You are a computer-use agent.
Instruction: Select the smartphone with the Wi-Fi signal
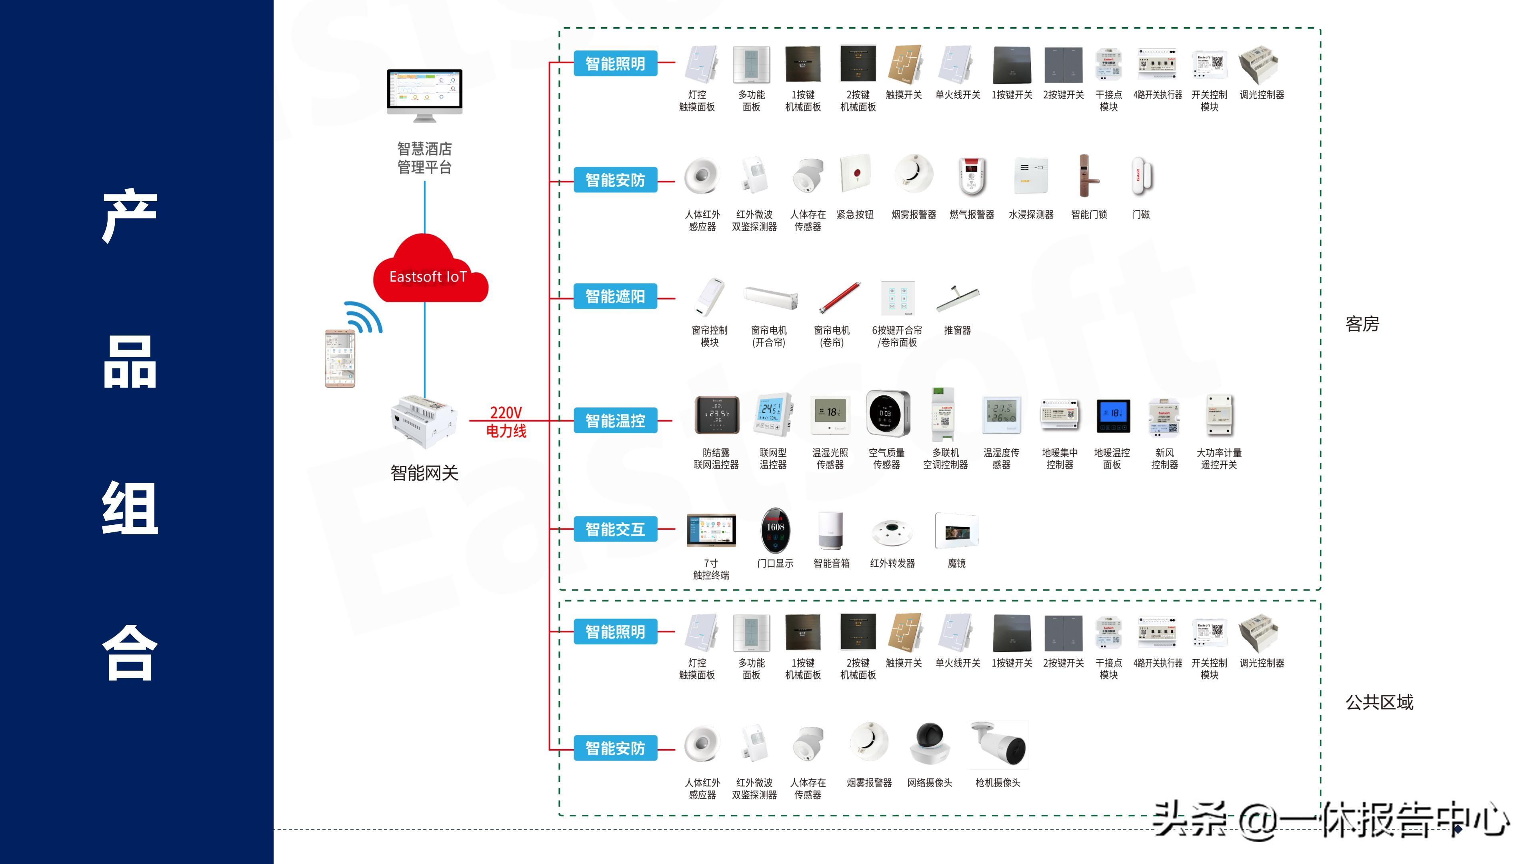point(340,358)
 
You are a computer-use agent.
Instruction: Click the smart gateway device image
point(424,421)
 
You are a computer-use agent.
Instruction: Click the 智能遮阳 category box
point(615,296)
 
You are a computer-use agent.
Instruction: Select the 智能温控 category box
point(615,421)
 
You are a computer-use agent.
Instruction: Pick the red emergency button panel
point(856,174)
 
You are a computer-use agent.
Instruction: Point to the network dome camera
point(930,744)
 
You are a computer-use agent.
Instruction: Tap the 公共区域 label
point(1379,702)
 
